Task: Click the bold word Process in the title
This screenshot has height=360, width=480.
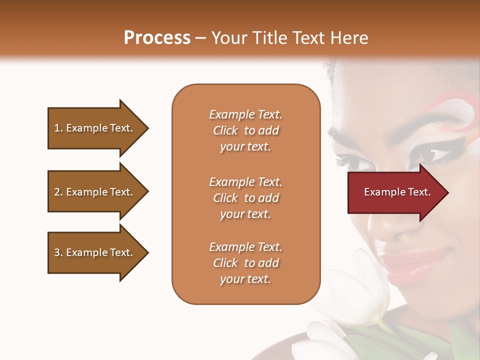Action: [157, 38]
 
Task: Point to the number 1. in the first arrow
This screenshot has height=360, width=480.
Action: [58, 128]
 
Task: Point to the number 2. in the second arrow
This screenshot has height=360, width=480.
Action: [58, 192]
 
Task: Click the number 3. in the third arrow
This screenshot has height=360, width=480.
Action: [58, 252]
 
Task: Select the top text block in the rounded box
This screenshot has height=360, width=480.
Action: [245, 130]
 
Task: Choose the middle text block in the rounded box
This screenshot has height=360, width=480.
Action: [245, 198]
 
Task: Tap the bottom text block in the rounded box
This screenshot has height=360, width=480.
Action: [245, 263]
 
